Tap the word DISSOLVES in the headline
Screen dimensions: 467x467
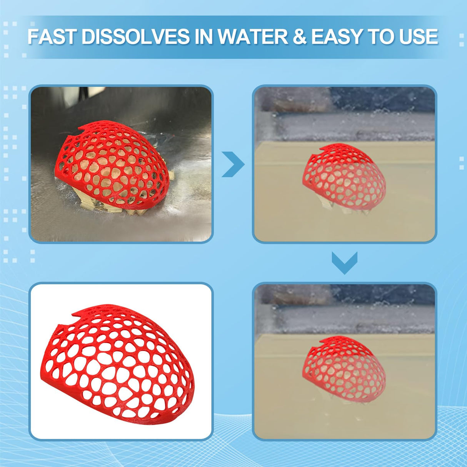pyautogui.click(x=136, y=37)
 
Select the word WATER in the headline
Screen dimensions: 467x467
pyautogui.click(x=252, y=37)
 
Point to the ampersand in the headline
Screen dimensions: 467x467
pyautogui.click(x=300, y=37)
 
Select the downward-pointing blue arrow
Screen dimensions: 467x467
pyautogui.click(x=345, y=263)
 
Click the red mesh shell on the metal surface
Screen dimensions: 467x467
pyautogui.click(x=112, y=165)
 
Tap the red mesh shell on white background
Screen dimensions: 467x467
pyautogui.click(x=116, y=354)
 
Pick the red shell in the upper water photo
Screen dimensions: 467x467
pyautogui.click(x=344, y=177)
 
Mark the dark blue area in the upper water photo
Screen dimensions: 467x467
pyautogui.click(x=383, y=99)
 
